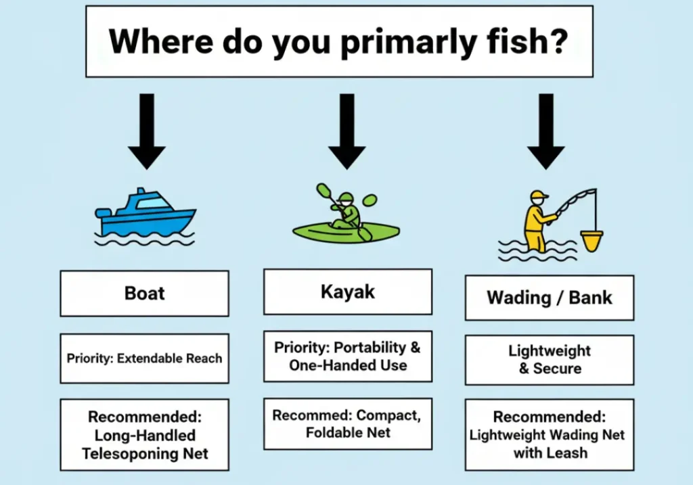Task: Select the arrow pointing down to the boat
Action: point(147,131)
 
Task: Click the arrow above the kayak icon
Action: point(347,131)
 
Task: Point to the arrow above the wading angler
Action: point(546,131)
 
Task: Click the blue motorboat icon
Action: point(145,216)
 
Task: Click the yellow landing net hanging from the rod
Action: point(591,241)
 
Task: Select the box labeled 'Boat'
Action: point(145,294)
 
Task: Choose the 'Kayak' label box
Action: point(348,292)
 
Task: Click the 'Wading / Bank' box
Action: point(550,298)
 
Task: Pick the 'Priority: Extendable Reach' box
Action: point(145,359)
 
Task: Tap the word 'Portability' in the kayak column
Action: point(370,347)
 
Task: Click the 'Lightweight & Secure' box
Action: point(550,360)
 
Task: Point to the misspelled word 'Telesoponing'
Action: point(145,454)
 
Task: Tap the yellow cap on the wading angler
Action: point(539,195)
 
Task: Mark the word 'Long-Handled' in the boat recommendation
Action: point(145,435)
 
